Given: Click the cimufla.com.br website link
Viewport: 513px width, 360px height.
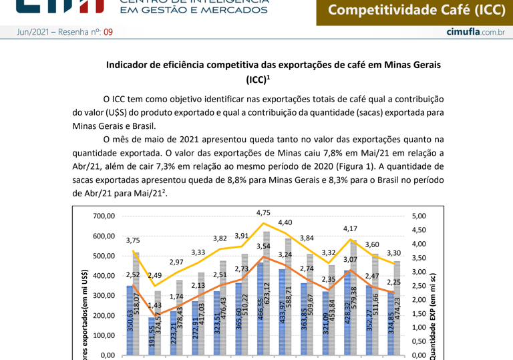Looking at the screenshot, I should point(475,32).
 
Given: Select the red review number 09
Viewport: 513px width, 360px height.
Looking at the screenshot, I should point(108,32).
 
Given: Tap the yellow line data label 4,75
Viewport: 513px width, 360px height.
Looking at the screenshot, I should point(263,213).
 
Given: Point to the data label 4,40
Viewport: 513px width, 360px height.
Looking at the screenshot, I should point(285,222).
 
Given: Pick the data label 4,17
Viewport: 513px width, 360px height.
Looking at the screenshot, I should point(349,229).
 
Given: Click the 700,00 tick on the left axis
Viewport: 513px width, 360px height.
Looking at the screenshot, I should point(104,216).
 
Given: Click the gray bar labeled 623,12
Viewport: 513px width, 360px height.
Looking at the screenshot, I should point(267,294).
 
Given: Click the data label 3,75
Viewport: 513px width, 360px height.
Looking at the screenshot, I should point(132,241).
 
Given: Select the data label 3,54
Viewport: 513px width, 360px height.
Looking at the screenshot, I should point(263,247).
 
